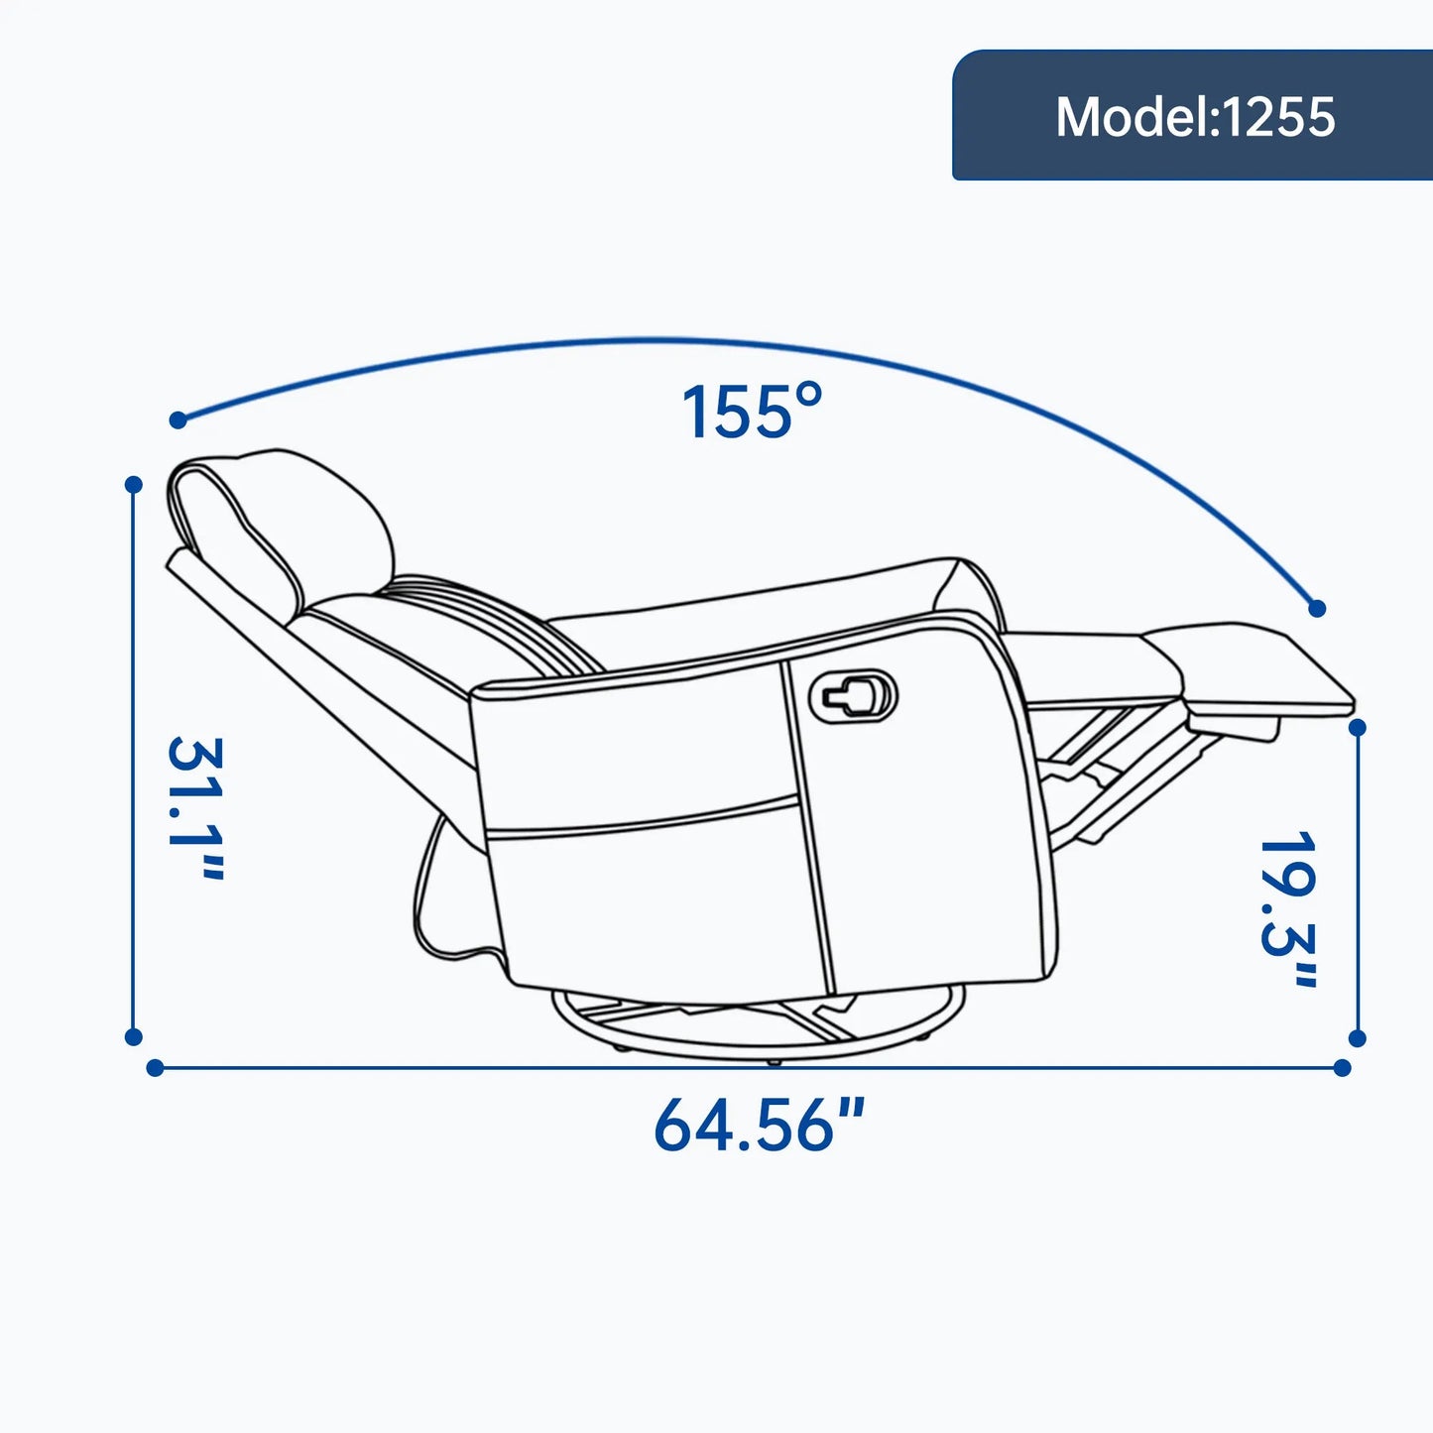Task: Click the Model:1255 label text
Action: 1195,117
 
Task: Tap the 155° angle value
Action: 752,412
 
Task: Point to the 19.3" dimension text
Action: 1288,908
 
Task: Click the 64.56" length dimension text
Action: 759,1125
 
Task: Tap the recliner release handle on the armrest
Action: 854,695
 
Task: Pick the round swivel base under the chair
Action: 759,1026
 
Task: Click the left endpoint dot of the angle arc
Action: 179,419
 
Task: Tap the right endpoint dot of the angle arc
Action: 1317,609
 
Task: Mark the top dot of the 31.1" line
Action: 133,485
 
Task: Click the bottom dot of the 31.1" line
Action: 133,1037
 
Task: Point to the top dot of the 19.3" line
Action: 1358,728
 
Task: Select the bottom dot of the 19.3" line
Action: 1358,1039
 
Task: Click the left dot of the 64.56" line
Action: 155,1068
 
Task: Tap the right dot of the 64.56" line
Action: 1342,1068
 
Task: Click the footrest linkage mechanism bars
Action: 1121,783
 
